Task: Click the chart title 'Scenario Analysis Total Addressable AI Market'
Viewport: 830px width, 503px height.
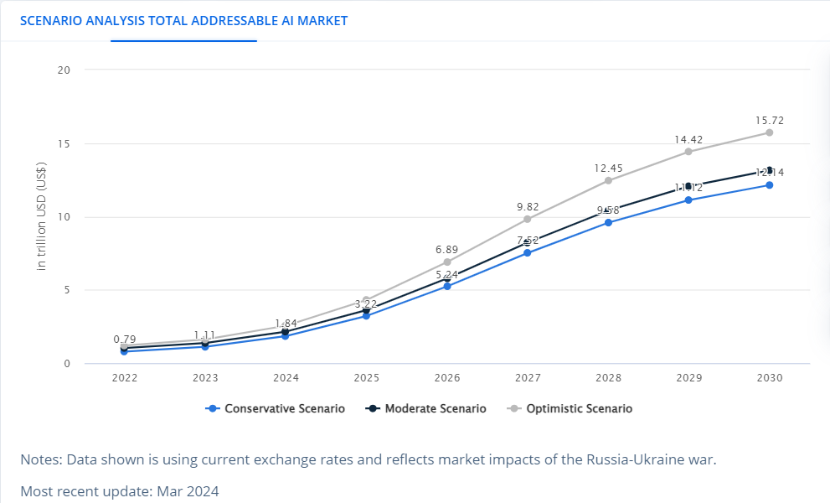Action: tap(183, 20)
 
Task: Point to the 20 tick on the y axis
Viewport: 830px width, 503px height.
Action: tap(64, 70)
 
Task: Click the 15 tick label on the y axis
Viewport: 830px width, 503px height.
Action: tap(64, 143)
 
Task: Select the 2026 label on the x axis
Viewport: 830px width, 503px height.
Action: tap(446, 378)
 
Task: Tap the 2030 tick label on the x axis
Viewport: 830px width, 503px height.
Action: tap(769, 378)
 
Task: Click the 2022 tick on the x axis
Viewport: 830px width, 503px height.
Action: tap(124, 378)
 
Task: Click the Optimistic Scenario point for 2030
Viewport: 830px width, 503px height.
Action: tap(769, 132)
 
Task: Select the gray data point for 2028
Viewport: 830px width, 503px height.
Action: tap(608, 180)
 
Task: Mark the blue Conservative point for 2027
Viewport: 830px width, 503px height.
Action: tap(528, 253)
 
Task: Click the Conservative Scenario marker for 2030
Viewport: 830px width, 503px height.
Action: tap(769, 185)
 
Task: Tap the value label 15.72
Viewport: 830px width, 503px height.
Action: tap(769, 121)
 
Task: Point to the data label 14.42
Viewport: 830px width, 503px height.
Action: tap(688, 139)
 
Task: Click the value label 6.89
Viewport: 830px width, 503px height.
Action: tap(446, 250)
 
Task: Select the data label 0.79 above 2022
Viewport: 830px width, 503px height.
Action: tap(124, 340)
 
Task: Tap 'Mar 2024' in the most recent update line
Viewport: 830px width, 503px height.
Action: tap(192, 491)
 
